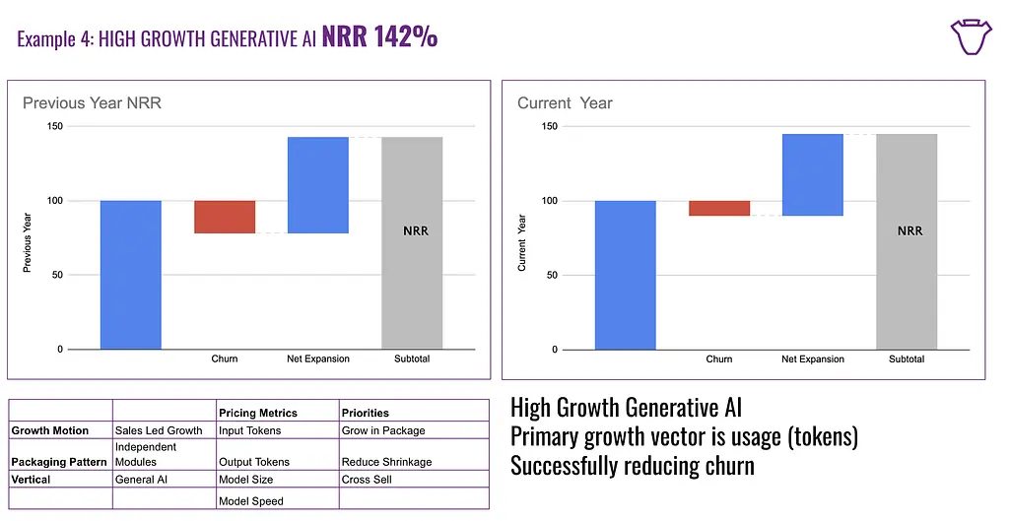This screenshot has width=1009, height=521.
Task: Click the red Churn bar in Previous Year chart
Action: pyautogui.click(x=225, y=217)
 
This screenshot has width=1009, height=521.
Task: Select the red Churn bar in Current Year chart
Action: pyautogui.click(x=719, y=208)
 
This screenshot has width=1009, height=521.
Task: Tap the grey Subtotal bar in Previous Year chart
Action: pyautogui.click(x=412, y=242)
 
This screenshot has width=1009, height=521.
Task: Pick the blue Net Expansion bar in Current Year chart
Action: pyautogui.click(x=813, y=174)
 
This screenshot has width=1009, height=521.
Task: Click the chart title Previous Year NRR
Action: pyautogui.click(x=92, y=102)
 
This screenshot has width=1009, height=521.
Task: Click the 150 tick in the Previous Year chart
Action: pyautogui.click(x=54, y=126)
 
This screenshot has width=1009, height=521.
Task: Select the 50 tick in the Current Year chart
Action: pyautogui.click(x=551, y=275)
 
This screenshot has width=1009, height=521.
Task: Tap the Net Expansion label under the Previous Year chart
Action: pyautogui.click(x=318, y=359)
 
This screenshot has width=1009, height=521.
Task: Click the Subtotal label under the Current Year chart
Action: pyautogui.click(x=907, y=359)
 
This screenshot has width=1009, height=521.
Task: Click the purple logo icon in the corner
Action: pyautogui.click(x=971, y=36)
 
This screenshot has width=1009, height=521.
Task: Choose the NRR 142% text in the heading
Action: pyautogui.click(x=379, y=37)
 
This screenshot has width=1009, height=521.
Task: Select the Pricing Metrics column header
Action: pyautogui.click(x=258, y=413)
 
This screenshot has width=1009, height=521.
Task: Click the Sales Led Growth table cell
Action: pyautogui.click(x=159, y=430)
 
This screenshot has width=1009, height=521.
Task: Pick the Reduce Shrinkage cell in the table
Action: pyautogui.click(x=386, y=462)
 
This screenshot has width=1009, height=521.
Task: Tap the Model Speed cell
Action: pyautogui.click(x=250, y=501)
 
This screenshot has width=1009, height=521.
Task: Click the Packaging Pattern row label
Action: pyautogui.click(x=59, y=462)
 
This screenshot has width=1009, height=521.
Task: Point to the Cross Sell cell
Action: pyautogui.click(x=367, y=480)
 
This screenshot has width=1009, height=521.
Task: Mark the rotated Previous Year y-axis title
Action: pyautogui.click(x=27, y=237)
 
